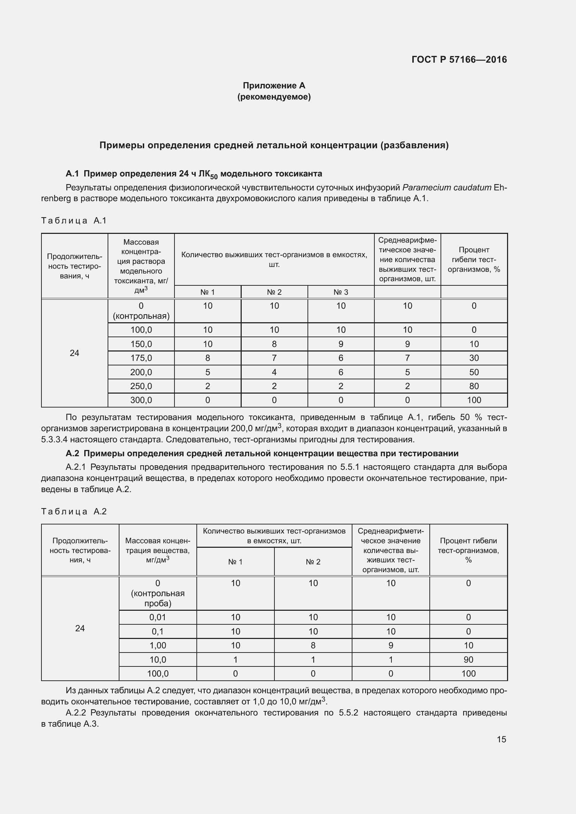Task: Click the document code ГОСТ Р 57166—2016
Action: pyautogui.click(x=459, y=60)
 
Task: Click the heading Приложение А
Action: pyautogui.click(x=274, y=86)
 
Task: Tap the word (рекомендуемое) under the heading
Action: pyautogui.click(x=274, y=97)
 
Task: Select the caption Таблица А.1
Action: pyautogui.click(x=74, y=221)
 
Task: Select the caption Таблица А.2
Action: pyautogui.click(x=74, y=511)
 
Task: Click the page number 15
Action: pyautogui.click(x=501, y=739)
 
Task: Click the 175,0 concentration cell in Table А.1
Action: pyautogui.click(x=141, y=358)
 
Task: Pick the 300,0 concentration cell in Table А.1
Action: pyautogui.click(x=141, y=400)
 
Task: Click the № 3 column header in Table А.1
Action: pyautogui.click(x=341, y=292)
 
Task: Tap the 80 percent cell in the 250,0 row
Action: pyautogui.click(x=474, y=386)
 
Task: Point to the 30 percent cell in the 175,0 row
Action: pyautogui.click(x=474, y=358)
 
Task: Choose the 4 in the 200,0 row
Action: pyautogui.click(x=274, y=372)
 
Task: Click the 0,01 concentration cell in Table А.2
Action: pyautogui.click(x=157, y=617)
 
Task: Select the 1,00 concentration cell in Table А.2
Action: pyautogui.click(x=157, y=645)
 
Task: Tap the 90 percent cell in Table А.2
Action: pyautogui.click(x=468, y=659)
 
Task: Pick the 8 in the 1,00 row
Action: pyautogui.click(x=313, y=645)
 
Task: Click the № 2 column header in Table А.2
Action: pyautogui.click(x=313, y=562)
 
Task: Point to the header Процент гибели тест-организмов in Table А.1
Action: pyautogui.click(x=474, y=260)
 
